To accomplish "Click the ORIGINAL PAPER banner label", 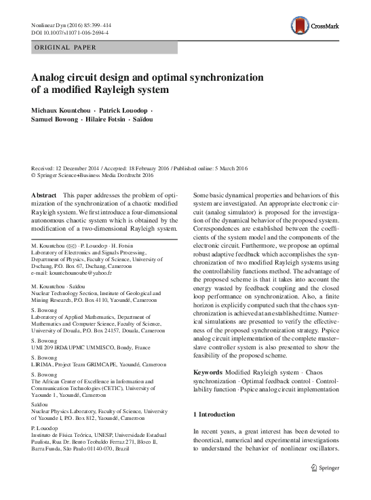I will click(64, 47).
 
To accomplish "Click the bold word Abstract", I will click(44, 194).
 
